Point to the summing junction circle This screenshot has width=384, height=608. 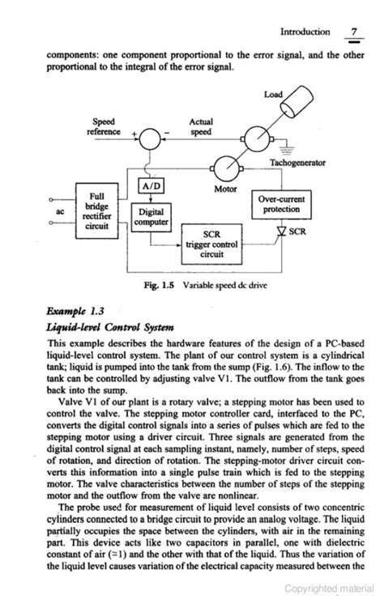pyautogui.click(x=150, y=140)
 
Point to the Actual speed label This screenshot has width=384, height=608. pyautogui.click(x=200, y=126)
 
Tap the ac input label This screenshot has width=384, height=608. pyautogui.click(x=59, y=210)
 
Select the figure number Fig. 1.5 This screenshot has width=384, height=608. pyautogui.click(x=159, y=285)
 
